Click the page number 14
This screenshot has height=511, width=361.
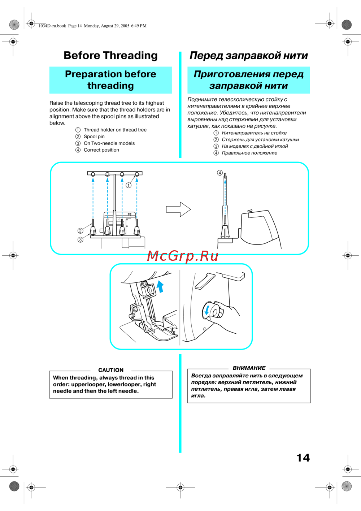coord(303,458)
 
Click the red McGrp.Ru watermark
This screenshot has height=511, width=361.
coord(183,256)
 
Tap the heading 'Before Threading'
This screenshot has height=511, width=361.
coord(110,56)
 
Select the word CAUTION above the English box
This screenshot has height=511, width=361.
coord(111,370)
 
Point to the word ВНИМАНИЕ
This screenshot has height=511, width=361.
coord(249,368)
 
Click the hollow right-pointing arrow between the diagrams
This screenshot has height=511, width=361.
coord(178,209)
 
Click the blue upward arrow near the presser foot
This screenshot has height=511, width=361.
coord(160,286)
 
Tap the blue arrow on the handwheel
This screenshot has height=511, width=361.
coord(207,310)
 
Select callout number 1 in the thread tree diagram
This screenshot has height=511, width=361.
coord(129,185)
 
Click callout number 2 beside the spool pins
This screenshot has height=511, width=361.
coord(81,231)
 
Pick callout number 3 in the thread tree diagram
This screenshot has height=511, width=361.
coord(81,240)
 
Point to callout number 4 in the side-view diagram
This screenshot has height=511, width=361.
coord(219,173)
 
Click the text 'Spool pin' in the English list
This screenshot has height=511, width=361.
coord(94,137)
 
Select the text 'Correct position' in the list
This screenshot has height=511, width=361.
coord(101,150)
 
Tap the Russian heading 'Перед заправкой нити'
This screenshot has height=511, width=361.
coord(249,56)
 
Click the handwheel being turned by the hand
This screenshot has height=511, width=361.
coord(215,311)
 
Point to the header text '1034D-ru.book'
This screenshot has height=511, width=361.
coord(52,26)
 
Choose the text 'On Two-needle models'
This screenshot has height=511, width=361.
coord(109,143)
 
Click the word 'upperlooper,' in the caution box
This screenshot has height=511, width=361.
coord(88,384)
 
